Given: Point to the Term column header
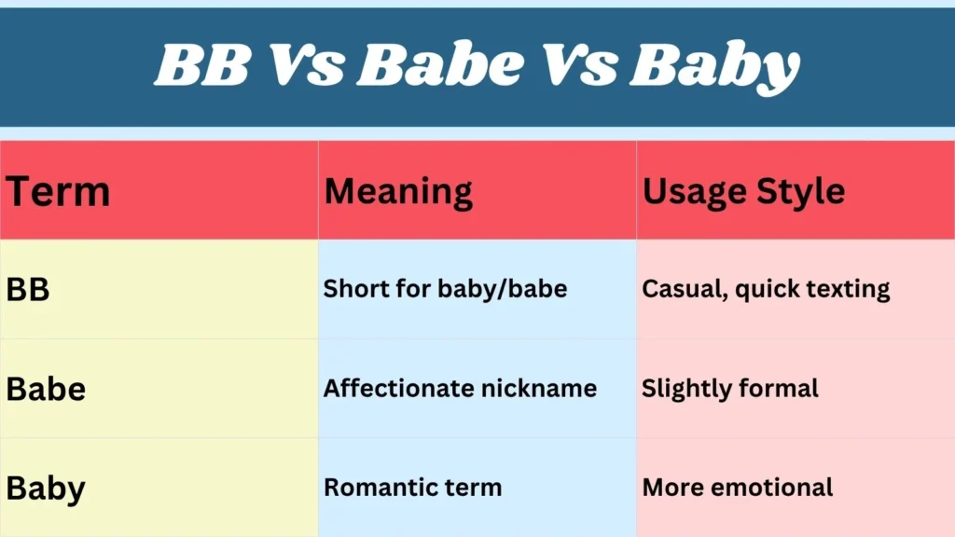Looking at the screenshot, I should (x=58, y=192).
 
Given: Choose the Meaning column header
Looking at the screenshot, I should (x=398, y=192).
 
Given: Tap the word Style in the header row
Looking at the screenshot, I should (x=801, y=192).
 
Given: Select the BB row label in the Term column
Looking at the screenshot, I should (x=28, y=290).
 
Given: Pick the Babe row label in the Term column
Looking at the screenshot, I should (x=46, y=389).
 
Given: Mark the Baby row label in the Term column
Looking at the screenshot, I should (x=46, y=488).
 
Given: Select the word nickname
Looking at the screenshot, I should (x=545, y=388).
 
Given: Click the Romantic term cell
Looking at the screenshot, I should (x=412, y=487).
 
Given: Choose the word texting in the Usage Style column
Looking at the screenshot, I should (x=843, y=289).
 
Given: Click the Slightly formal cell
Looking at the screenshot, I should (x=729, y=388).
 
